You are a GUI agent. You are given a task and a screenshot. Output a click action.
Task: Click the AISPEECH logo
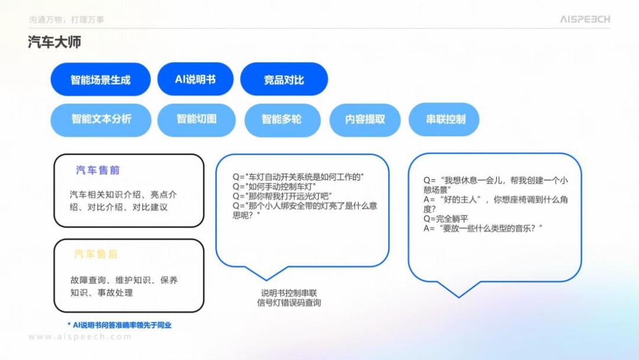[585, 20]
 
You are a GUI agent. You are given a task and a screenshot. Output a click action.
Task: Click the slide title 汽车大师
[54, 43]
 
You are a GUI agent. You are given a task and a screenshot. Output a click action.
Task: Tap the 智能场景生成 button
[101, 80]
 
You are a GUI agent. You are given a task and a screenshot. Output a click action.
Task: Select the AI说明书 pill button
[195, 79]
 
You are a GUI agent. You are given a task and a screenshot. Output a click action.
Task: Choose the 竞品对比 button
[284, 80]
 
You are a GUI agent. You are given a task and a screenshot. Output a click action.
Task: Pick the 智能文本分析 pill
[101, 119]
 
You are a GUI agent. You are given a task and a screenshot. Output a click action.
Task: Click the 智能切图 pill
[196, 119]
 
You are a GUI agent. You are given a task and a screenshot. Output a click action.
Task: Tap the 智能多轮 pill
[282, 120]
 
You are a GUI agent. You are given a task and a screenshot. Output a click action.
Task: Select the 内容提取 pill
[365, 120]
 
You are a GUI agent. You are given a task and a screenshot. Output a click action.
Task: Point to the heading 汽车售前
[98, 171]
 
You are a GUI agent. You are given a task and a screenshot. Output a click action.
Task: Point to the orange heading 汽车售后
[96, 255]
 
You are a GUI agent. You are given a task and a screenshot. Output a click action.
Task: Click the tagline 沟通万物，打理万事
[67, 20]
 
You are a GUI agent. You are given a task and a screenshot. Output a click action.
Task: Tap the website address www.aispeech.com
[80, 337]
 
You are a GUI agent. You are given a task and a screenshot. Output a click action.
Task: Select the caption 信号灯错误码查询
[289, 303]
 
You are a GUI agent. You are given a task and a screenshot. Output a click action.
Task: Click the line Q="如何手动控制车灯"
[275, 187]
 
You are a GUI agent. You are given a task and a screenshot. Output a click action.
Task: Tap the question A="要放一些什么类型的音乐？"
[483, 229]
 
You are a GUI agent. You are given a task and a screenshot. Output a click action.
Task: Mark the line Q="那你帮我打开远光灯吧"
[282, 196]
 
